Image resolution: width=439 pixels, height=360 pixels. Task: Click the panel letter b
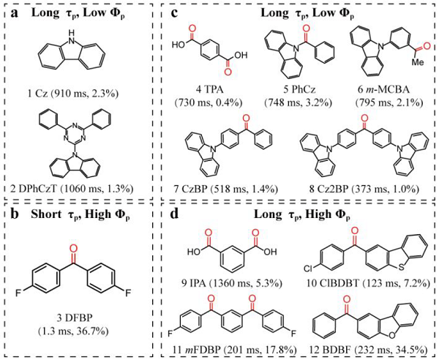click(x=15, y=214)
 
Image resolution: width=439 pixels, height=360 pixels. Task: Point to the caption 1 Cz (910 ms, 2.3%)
click(x=72, y=93)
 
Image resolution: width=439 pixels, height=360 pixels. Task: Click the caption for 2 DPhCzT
click(x=72, y=189)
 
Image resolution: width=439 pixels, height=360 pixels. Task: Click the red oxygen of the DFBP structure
click(x=73, y=248)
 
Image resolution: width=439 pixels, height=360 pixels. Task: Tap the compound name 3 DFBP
click(x=73, y=318)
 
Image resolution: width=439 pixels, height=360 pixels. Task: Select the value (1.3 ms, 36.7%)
click(x=73, y=331)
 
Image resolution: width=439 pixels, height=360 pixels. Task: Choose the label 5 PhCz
click(x=299, y=90)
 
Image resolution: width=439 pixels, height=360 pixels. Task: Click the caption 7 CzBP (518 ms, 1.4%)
click(x=226, y=190)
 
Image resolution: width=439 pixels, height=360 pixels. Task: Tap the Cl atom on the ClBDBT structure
click(x=309, y=269)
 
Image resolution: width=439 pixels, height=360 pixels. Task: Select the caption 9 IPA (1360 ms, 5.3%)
click(x=231, y=284)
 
